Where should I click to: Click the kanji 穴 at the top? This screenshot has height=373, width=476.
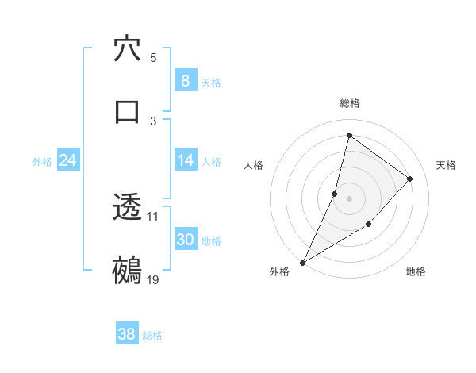[127, 49]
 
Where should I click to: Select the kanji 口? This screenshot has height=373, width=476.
[127, 110]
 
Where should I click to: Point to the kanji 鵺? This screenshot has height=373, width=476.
[127, 270]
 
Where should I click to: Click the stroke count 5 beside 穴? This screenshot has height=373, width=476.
[153, 57]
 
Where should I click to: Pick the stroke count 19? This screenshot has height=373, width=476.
[153, 279]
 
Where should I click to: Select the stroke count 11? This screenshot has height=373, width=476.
[153, 216]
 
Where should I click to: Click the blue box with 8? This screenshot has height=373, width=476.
[186, 81]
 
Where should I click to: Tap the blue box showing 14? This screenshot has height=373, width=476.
[186, 160]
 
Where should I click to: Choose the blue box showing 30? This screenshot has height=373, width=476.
[186, 240]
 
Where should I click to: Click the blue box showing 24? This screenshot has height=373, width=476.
[68, 160]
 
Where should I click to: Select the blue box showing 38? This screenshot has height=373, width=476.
[127, 334]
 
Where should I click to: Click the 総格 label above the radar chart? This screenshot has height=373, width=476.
[350, 103]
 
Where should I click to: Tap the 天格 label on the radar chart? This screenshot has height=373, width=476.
[447, 165]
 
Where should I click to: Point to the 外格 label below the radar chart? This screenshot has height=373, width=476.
[279, 271]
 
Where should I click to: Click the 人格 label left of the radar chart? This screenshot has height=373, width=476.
[253, 165]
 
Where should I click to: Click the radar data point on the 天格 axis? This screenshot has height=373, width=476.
[410, 179]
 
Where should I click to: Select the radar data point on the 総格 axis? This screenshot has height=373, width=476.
[349, 135]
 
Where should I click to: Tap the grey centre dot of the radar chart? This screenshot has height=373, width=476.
[349, 198]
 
